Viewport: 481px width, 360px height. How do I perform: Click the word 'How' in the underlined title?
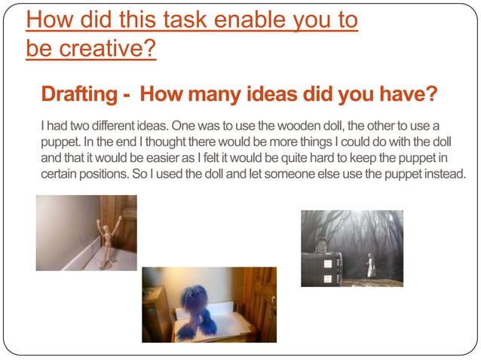(x=50, y=20)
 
